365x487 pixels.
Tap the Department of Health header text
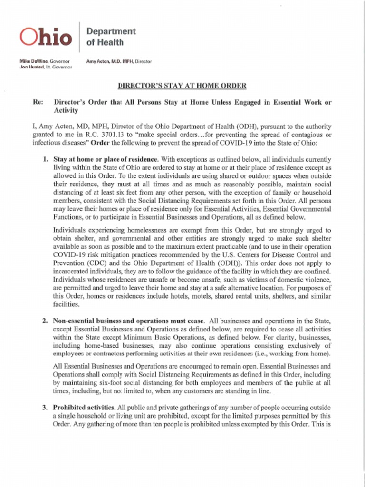[111, 37]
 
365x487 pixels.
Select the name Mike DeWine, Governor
[44, 61]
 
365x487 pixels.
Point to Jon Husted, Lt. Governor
[46, 67]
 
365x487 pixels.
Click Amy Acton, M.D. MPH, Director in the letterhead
[119, 61]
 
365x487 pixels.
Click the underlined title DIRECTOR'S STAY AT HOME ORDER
[182, 86]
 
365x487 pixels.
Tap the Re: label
[38, 102]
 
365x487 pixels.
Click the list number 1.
[45, 159]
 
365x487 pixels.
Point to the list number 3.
[45, 408]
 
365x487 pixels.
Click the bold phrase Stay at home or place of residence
[105, 159]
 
